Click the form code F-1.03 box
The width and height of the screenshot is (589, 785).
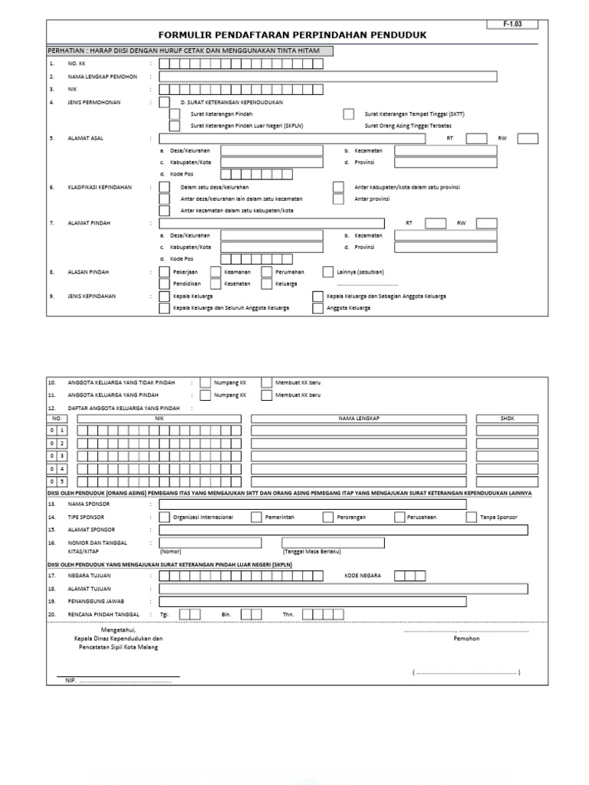512,25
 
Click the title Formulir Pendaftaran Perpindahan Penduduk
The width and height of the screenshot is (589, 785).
292,35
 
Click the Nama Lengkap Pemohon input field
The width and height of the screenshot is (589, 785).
328,77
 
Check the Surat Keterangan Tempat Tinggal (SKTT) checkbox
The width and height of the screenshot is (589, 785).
349,114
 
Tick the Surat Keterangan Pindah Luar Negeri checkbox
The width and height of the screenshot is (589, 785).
175,126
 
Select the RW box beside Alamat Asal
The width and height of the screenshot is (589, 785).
528,139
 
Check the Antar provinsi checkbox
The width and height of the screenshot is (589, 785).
338,199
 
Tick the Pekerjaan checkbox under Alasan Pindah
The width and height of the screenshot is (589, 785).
164,271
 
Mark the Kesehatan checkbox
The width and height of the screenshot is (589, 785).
213,284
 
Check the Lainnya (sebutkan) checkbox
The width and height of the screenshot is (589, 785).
328,271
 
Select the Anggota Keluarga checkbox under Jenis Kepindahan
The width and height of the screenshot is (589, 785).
318,308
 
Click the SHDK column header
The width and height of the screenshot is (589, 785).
508,419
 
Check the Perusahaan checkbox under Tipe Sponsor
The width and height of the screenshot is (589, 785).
400,517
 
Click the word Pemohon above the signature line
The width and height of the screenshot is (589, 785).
466,639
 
